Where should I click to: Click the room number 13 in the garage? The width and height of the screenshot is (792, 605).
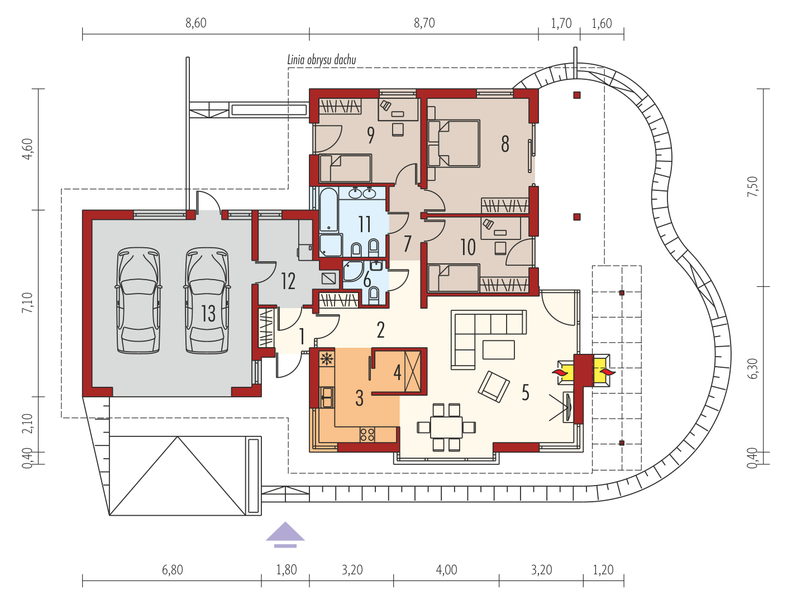click(208, 313)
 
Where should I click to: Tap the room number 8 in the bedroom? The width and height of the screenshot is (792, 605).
click(505, 144)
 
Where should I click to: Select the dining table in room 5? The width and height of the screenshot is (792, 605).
click(446, 428)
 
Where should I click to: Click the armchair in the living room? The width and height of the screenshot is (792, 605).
click(494, 387)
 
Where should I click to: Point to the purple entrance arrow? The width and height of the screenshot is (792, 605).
click(285, 534)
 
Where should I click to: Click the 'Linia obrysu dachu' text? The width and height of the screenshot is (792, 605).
click(321, 60)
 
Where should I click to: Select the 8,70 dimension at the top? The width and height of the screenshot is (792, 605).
click(424, 23)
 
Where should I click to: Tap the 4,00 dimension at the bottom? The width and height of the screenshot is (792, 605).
click(446, 570)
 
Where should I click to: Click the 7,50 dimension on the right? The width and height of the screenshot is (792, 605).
click(752, 186)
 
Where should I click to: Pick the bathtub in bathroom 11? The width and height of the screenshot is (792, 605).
click(328, 210)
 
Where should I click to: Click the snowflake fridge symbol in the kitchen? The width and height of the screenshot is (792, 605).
click(327, 359)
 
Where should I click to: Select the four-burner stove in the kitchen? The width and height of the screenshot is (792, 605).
click(367, 434)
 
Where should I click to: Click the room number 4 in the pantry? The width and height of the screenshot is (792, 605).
click(397, 372)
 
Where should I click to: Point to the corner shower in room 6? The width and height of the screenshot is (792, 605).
click(352, 271)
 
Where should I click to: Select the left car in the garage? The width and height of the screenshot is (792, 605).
click(139, 300)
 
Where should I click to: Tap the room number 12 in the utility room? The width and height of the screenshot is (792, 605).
click(288, 282)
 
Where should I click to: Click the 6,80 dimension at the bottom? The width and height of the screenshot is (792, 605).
click(172, 570)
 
